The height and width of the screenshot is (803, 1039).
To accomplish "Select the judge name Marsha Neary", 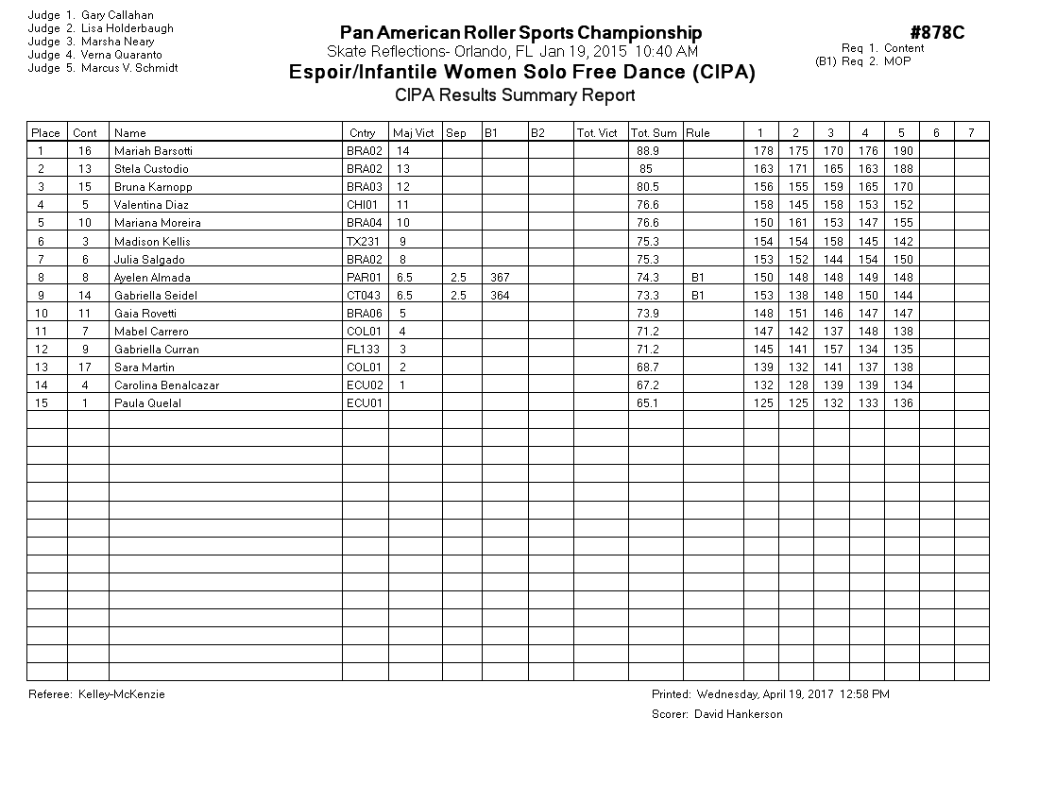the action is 118,42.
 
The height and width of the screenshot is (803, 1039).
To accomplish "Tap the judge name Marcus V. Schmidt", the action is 129,68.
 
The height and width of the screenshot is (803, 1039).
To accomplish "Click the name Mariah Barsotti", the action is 153,151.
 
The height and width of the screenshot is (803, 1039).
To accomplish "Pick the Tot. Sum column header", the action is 654,133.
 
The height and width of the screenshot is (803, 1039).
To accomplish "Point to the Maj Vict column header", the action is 414,133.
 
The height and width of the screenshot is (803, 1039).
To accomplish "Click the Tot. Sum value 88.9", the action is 648,151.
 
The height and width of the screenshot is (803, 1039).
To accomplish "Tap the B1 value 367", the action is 500,278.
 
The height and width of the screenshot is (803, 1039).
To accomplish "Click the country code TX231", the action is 363,242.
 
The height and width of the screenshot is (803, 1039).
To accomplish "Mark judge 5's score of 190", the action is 902,151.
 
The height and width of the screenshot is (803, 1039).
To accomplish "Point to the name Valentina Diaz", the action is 151,205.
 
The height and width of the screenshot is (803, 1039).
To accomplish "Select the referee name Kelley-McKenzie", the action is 122,694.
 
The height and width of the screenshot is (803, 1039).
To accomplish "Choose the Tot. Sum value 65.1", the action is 648,403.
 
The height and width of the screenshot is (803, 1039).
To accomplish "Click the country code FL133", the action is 364,350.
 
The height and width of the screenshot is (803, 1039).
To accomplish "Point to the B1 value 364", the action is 500,296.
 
